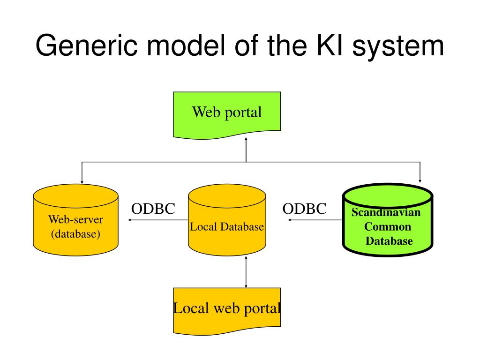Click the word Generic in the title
87,46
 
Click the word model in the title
187,45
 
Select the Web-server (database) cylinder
75,220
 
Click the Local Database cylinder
227,220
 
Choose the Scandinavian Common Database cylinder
388,220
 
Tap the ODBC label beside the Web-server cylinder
153,209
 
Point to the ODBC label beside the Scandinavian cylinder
304,209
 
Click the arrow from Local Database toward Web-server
158,220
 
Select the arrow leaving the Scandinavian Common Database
315,220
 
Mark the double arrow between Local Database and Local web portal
246,272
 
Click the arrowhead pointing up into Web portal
246,139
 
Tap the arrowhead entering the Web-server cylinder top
82,182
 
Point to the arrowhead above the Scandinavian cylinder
420,181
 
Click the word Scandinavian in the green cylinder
386,212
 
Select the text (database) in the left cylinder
75,234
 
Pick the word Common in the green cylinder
388,226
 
